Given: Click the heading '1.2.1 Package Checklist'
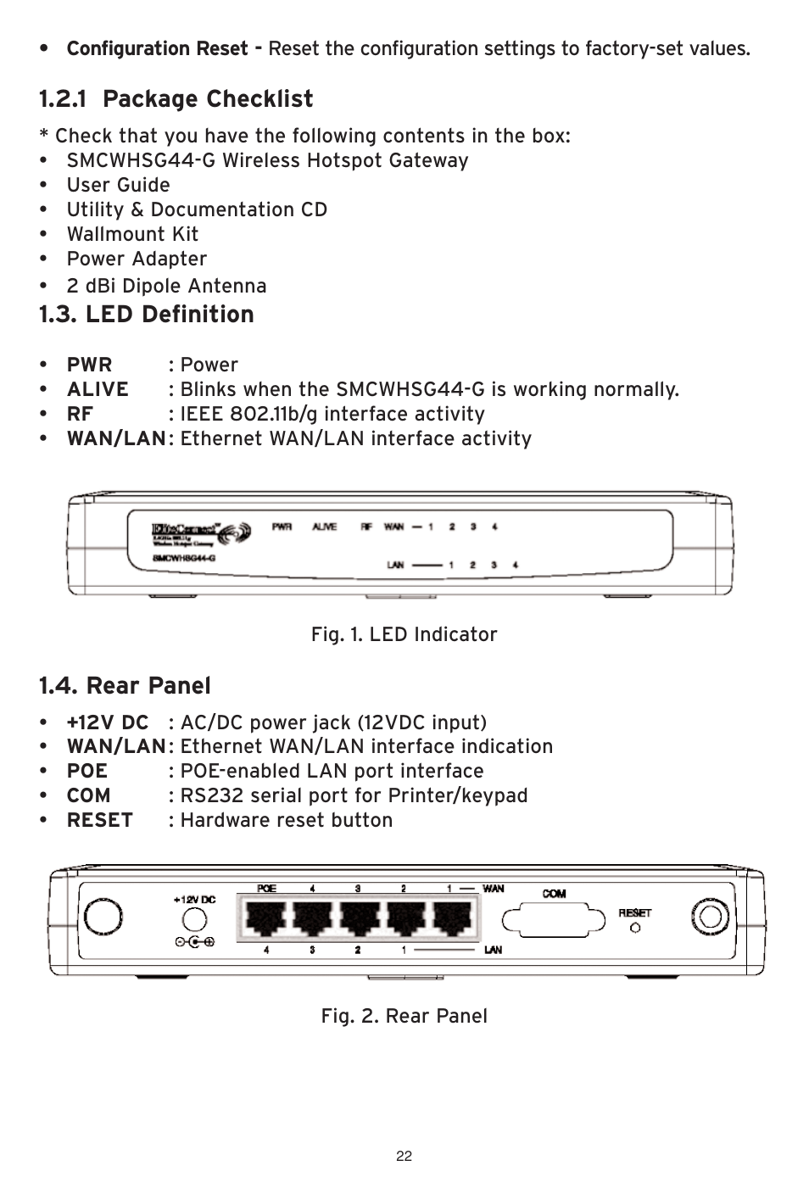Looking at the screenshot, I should point(176,99).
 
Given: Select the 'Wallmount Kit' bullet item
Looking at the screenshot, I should point(132,234).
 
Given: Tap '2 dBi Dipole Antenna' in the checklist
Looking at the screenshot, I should point(166,286).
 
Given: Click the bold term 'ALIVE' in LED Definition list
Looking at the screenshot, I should point(98,389).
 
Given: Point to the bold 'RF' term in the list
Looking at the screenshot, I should point(80,414).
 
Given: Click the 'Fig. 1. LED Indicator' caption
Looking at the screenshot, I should point(404,634).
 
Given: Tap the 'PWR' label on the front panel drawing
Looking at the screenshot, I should point(282,527).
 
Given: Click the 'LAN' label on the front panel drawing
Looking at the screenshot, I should point(395,565).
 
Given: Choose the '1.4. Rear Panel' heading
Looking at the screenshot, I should point(125,685).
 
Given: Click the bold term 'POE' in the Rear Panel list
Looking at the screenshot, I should point(87,771).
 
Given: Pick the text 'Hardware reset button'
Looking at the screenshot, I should point(286,820).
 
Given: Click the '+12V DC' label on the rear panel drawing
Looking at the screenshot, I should point(194,900).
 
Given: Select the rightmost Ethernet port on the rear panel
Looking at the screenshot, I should point(452,918).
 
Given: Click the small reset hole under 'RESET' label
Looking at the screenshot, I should point(635,928).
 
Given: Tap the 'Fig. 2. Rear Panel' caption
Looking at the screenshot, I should point(404,1016).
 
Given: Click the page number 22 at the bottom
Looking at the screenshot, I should point(404,1156).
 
